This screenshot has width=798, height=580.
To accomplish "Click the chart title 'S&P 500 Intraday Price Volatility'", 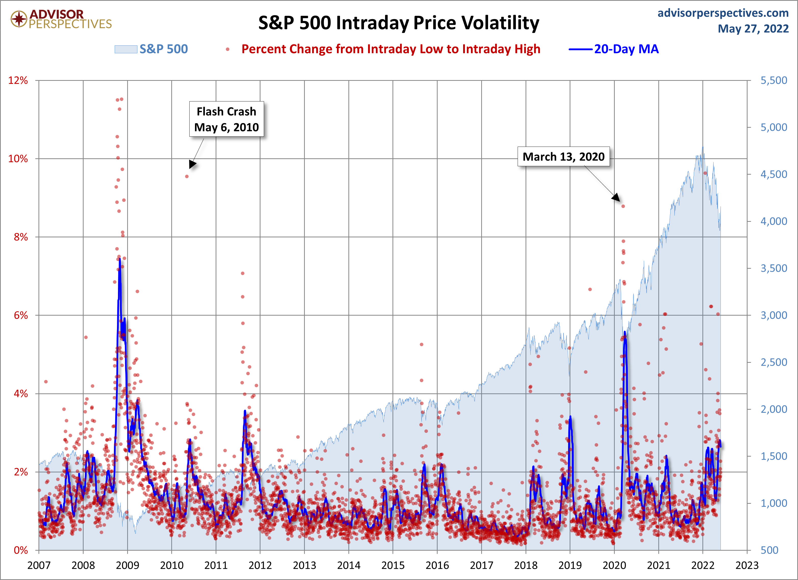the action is pyautogui.click(x=399, y=23).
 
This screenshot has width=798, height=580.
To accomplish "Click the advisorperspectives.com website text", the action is pyautogui.click(x=723, y=13).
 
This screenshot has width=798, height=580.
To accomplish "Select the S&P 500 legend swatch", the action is pyautogui.click(x=126, y=49).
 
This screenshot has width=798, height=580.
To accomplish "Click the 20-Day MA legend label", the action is pyautogui.click(x=626, y=49).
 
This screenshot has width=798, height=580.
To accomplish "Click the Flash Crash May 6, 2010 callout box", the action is pyautogui.click(x=227, y=119).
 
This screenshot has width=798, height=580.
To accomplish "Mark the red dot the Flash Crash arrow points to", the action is pyautogui.click(x=187, y=176).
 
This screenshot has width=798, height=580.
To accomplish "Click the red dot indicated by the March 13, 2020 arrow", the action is pyautogui.click(x=623, y=206).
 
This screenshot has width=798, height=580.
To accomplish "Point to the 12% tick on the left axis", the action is pyautogui.click(x=18, y=80).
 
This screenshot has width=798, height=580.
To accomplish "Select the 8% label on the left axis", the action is pyautogui.click(x=21, y=237).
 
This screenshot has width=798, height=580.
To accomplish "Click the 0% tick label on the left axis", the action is pyautogui.click(x=21, y=550).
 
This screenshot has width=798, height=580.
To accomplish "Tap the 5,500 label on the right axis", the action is pyautogui.click(x=774, y=80).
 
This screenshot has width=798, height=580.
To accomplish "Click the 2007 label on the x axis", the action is pyautogui.click(x=39, y=565).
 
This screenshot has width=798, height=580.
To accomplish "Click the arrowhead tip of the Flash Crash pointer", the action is pyautogui.click(x=190, y=169).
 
